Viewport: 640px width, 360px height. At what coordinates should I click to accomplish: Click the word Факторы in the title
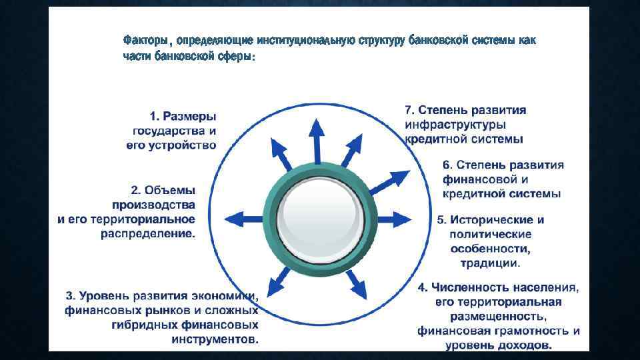[143, 41]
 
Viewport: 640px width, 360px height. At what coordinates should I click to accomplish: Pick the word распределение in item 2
[148, 234]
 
